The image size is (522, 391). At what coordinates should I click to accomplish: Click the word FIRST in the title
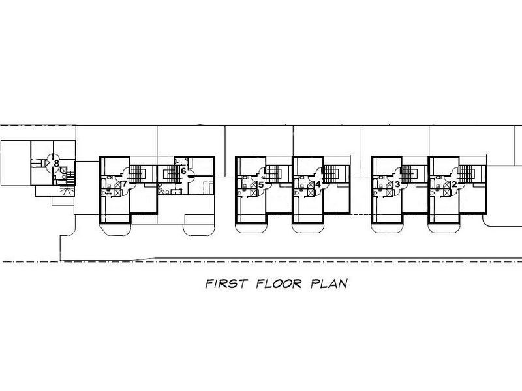coord(226,283)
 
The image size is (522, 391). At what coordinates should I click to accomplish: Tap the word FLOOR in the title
coord(279,283)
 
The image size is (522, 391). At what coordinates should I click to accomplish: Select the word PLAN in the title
coord(329,283)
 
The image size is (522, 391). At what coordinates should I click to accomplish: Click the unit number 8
coord(57,164)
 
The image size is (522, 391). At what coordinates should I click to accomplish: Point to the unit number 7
coord(125,184)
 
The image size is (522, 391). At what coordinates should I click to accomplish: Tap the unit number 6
coord(183,171)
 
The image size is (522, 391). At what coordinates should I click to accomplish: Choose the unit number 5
coord(260,184)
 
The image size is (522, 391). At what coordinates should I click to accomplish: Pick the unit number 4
coord(318,184)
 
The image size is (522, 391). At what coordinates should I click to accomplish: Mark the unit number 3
coord(397,184)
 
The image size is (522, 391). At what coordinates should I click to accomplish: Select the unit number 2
coord(454,184)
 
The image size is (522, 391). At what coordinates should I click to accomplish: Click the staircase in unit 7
coord(137,174)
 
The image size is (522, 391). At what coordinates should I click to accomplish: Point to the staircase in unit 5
coord(273,174)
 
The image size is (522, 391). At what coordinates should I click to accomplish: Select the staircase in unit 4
coord(331,174)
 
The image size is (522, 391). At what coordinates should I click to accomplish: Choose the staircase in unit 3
coord(410,174)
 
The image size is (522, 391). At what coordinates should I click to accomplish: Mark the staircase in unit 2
coord(467,174)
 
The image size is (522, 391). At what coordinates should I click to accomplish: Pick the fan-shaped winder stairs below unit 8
coord(67,192)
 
